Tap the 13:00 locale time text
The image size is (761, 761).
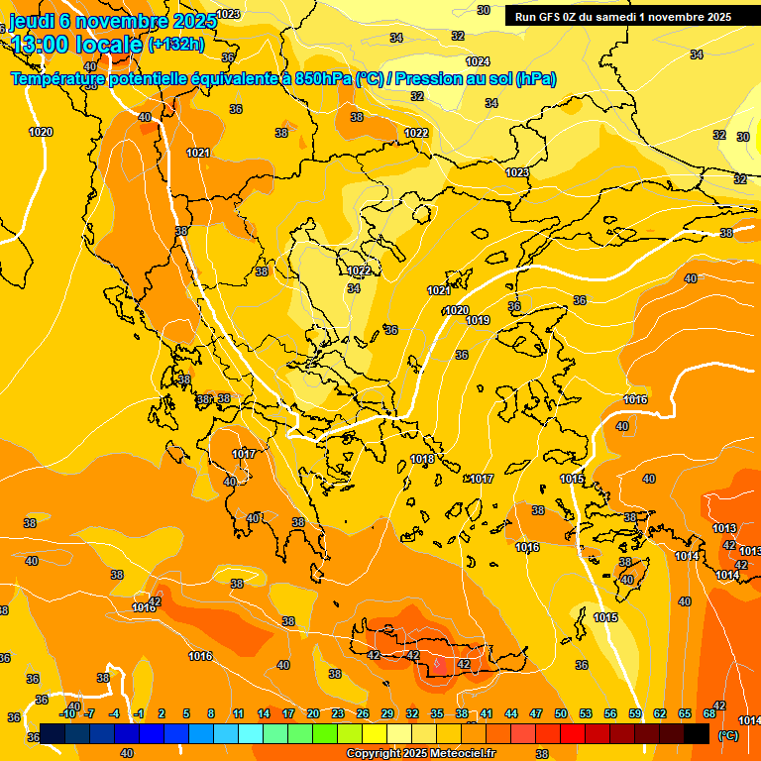pos(76,44)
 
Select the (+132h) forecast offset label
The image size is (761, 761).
pos(175,44)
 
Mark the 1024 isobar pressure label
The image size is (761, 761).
pos(478,61)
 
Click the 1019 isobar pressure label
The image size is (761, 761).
pos(478,320)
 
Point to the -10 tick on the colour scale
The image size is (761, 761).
pos(68,713)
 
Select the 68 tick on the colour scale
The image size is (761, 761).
pos(709,713)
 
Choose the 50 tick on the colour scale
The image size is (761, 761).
pos(561,713)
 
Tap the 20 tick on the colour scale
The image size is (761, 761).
pos(312,713)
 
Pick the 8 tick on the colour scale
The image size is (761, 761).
pos(211,713)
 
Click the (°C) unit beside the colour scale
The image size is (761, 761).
pos(728,735)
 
